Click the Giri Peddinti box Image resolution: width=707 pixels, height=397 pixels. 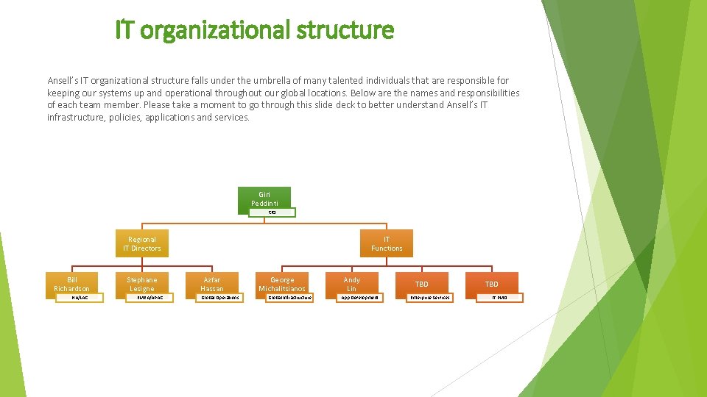point(264,198)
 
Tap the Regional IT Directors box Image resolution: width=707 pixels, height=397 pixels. point(142,243)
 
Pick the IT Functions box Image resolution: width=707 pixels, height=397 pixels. point(387,243)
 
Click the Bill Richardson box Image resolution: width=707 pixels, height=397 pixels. point(72,284)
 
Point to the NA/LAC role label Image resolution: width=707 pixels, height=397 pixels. point(80,298)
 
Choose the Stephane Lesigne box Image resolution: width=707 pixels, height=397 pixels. point(142,284)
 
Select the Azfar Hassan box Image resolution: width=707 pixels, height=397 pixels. point(212,284)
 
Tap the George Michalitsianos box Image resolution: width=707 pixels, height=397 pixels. point(282,284)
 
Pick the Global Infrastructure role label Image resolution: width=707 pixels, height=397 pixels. point(289,298)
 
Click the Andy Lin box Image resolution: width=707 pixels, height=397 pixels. point(352,284)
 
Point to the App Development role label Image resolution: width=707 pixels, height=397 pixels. point(359,298)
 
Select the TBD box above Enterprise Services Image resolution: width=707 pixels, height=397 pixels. point(421,284)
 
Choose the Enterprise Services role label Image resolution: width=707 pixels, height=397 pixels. point(429,298)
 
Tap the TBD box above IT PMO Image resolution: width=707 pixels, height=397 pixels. point(491,284)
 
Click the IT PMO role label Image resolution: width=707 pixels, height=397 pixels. point(499,298)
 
